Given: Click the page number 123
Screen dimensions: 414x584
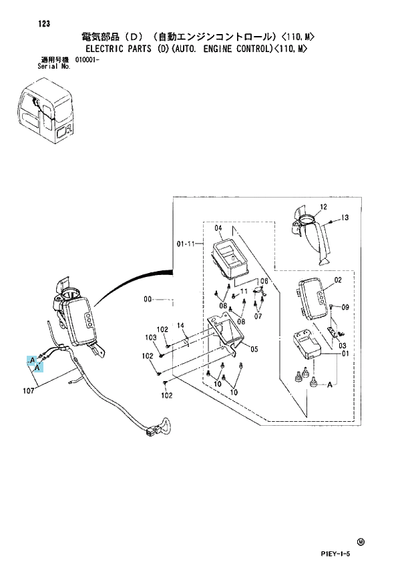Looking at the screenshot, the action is click(43, 24).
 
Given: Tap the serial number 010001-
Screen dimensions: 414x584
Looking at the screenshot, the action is click(87, 59).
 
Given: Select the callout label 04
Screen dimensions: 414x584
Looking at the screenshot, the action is click(218, 228).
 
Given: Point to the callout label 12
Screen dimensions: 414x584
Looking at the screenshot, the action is click(323, 207).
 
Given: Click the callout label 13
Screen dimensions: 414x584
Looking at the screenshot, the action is click(345, 217).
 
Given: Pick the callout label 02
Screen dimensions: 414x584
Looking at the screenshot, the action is click(338, 280).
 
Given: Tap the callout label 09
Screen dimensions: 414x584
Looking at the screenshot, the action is click(345, 307).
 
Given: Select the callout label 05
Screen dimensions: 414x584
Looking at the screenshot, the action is click(254, 349).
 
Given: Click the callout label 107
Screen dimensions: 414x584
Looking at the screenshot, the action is click(28, 390).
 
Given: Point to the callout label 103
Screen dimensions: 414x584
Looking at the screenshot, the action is click(150, 338).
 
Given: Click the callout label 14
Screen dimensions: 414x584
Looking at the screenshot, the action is click(180, 326).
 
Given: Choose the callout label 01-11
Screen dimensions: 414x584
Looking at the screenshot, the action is click(186, 244).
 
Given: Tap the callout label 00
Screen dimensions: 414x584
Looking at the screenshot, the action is click(148, 299).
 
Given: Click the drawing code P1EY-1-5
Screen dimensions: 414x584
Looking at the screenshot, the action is click(335, 554).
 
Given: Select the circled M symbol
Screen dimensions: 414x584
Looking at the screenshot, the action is click(361, 542).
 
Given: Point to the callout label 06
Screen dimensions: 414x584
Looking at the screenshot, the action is click(264, 281).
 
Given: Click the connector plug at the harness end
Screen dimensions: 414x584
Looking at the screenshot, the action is click(152, 432).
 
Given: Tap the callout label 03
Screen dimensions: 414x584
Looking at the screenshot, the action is click(342, 346).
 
